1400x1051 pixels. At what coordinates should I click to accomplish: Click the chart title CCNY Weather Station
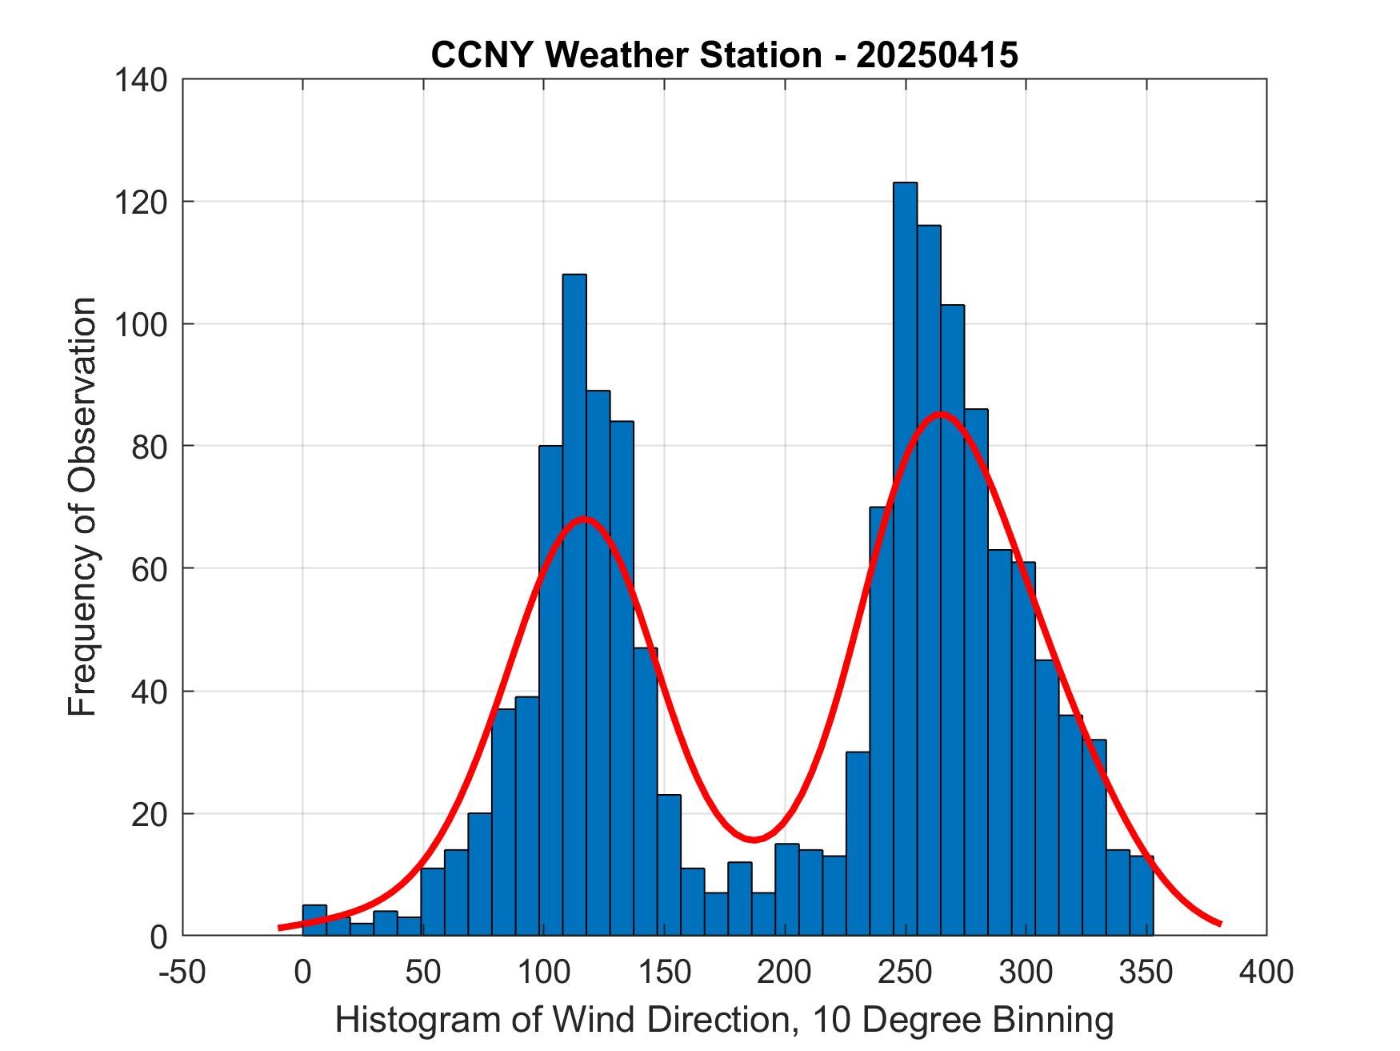626,55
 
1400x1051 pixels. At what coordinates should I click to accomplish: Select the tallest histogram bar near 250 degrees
905,560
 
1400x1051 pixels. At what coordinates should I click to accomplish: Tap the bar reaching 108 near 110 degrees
574,608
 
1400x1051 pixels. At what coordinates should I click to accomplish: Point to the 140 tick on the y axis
144,79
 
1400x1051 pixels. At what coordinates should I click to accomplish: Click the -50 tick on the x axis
183,972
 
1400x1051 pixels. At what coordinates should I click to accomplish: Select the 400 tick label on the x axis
1266,972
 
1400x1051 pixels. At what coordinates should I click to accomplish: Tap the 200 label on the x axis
785,972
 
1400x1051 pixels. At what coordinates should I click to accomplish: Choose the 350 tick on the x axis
1146,972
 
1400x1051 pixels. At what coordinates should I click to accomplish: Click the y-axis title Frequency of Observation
82,507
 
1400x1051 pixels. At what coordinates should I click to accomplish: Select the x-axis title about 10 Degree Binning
724,1020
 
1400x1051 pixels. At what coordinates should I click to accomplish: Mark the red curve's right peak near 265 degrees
941,414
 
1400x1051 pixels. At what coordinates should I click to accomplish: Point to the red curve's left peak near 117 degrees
585,518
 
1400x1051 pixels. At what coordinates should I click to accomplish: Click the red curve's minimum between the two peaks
754,840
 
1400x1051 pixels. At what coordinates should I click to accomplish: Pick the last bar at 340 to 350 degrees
1142,897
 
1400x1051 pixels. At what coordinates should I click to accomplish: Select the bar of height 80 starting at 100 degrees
550,688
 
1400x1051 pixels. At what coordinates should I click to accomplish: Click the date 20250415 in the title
937,55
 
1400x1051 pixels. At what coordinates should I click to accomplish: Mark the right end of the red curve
1220,924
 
